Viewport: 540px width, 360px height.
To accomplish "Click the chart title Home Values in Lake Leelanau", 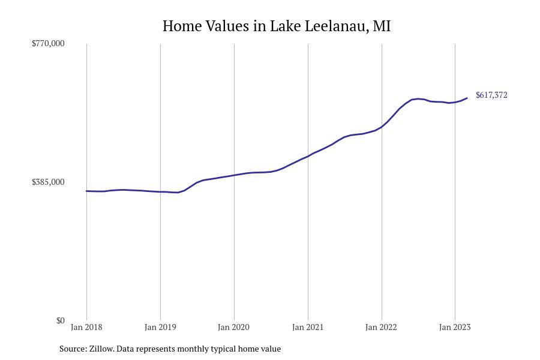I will (x=276, y=26).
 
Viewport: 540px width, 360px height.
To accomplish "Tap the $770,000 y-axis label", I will (x=48, y=43).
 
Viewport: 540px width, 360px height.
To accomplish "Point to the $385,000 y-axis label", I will (x=48, y=182).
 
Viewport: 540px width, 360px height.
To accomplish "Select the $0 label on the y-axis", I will (x=60, y=320).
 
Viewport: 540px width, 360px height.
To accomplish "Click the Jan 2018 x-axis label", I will (x=86, y=327).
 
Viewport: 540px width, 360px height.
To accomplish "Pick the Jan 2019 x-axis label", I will (x=160, y=327).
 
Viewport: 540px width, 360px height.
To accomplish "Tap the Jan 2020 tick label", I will (x=234, y=327).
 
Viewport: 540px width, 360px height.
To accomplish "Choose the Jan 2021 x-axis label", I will (x=308, y=327).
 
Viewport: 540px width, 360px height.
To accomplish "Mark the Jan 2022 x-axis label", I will (x=382, y=327).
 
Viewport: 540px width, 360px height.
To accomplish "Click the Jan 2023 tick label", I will (x=455, y=327).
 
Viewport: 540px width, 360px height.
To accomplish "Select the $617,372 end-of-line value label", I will (x=491, y=95).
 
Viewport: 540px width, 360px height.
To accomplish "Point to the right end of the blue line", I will (x=467, y=98).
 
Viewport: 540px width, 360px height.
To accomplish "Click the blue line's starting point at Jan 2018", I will (x=86, y=191).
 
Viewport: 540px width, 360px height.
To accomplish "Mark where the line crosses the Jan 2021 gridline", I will (x=308, y=156).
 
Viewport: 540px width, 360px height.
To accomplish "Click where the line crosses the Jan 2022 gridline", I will (x=382, y=127).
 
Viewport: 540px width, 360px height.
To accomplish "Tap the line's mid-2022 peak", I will (x=418, y=98).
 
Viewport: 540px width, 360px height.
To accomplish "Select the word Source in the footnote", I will (x=73, y=349).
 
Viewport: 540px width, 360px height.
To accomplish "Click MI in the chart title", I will (x=382, y=26).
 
